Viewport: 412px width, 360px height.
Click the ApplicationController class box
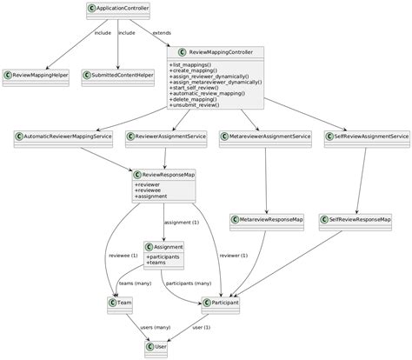point(119,10)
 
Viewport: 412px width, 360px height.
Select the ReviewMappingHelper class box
point(39,76)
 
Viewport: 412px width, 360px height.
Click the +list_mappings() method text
point(191,65)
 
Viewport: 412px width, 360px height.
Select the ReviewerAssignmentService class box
point(166,137)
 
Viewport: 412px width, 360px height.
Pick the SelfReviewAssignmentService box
point(366,137)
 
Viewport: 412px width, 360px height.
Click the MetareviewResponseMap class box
point(268,220)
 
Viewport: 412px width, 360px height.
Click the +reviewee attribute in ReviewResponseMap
point(150,190)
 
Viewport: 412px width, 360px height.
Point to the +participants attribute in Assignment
point(163,257)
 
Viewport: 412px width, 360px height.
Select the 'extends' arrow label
point(163,33)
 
